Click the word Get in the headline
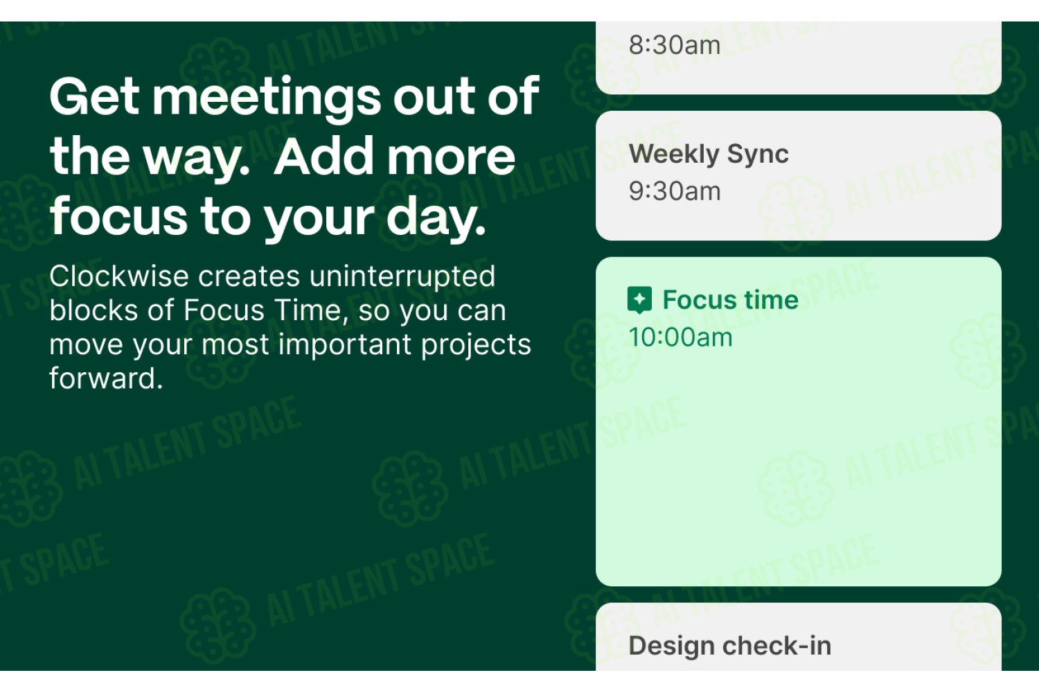(95, 96)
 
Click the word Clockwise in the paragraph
(119, 277)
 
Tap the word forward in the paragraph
(106, 378)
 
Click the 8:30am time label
(675, 46)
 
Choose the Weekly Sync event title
(709, 155)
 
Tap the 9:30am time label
(675, 191)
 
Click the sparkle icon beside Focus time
(639, 299)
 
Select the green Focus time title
(731, 299)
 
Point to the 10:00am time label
(680, 337)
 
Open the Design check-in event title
(729, 646)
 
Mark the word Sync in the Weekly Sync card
(758, 155)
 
